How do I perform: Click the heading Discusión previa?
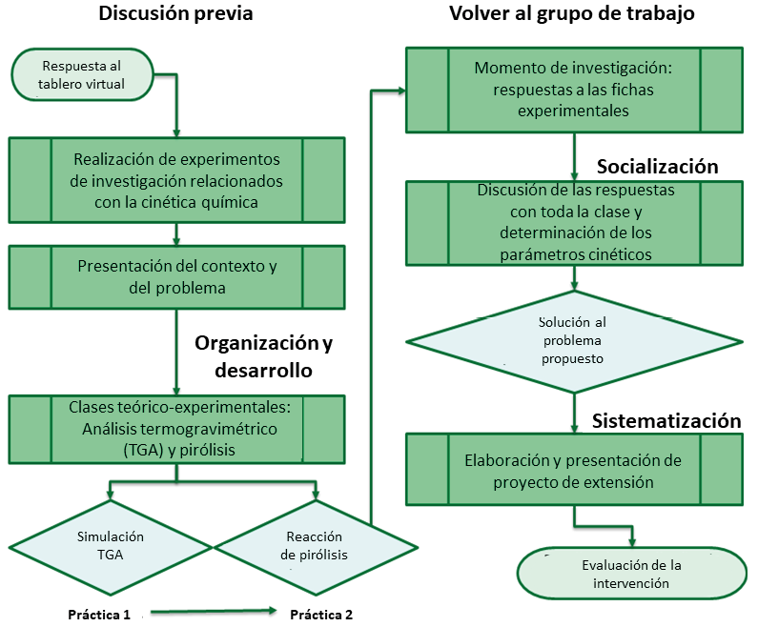(x=176, y=16)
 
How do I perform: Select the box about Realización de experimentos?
(x=177, y=178)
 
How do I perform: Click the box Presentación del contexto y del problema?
(x=177, y=275)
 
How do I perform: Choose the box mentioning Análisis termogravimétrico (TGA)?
(x=177, y=428)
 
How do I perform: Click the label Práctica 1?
(x=99, y=614)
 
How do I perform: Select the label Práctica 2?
(x=321, y=614)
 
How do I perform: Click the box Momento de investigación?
(x=573, y=90)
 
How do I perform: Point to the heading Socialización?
(x=657, y=166)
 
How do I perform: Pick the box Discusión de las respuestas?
(x=573, y=223)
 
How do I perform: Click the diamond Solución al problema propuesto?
(x=573, y=339)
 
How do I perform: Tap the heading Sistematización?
(x=666, y=420)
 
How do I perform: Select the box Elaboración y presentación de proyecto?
(x=573, y=471)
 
